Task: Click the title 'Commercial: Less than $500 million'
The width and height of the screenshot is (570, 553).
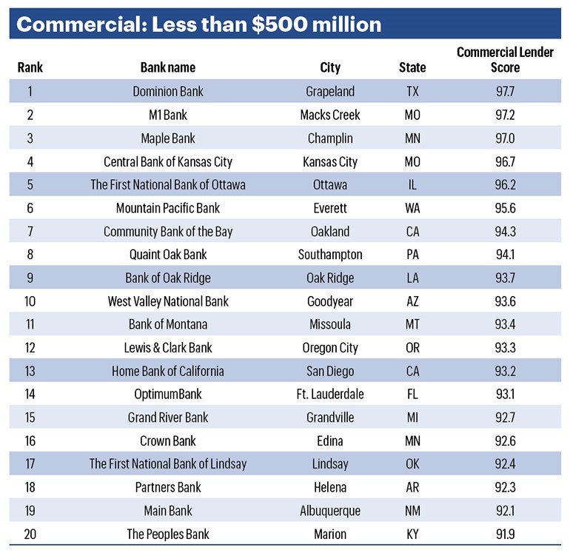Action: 198,24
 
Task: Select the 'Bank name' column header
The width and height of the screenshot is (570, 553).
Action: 168,67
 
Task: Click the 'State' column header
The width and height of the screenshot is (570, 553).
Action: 412,67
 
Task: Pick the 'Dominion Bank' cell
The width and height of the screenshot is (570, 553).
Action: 168,92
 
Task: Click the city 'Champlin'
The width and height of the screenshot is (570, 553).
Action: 330,138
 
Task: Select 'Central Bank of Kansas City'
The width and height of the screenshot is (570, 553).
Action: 168,161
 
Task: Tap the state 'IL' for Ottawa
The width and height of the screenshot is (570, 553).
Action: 412,185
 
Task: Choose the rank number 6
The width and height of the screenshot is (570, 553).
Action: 30,208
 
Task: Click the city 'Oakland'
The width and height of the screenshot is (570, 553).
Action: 330,232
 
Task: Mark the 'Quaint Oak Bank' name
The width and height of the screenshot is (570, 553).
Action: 168,255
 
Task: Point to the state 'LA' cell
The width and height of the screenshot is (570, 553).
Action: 412,278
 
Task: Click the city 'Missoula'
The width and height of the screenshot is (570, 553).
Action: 330,324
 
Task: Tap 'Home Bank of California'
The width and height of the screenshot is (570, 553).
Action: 168,371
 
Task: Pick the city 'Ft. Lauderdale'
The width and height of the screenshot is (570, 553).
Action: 330,395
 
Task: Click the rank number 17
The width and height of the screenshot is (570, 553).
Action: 30,464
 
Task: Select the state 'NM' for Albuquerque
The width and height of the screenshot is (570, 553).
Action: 412,511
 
